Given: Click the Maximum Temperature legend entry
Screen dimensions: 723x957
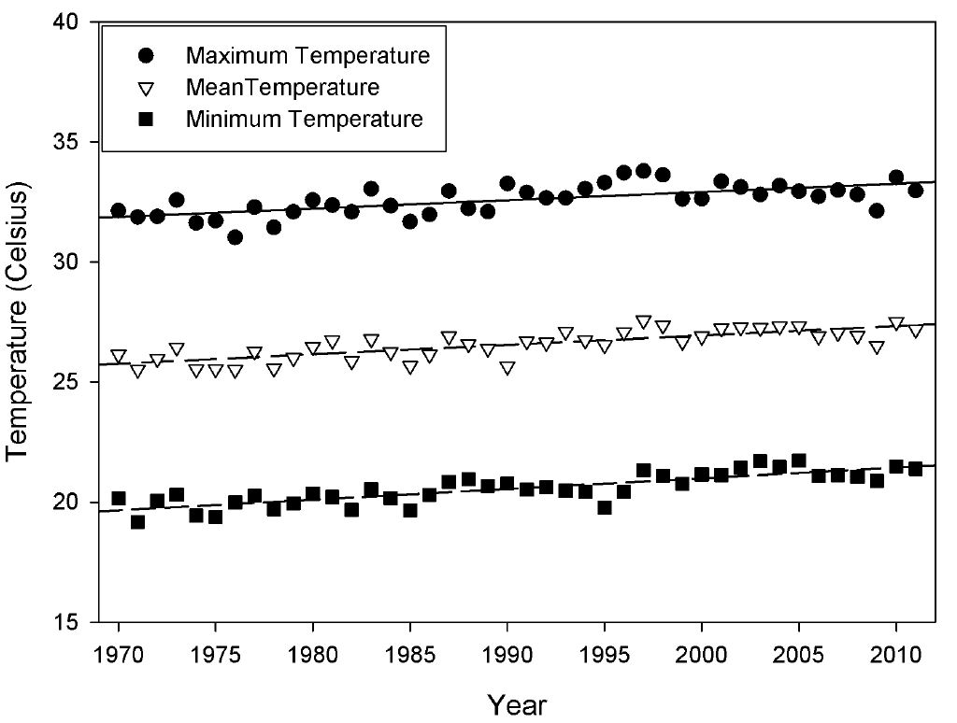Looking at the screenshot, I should click(307, 55).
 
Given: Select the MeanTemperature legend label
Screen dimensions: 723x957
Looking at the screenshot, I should click(282, 88).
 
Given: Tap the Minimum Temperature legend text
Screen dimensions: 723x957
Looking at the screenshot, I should click(305, 120).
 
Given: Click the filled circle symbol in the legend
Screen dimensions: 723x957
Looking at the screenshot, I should click(145, 55).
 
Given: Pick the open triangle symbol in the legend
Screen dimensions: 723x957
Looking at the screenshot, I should click(145, 89).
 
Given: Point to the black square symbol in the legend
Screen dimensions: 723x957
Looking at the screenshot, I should click(145, 120).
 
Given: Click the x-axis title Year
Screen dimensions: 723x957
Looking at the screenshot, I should click(516, 702).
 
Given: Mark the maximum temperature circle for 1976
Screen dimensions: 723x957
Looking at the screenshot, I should click(235, 237).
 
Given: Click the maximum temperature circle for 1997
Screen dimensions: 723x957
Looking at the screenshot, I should click(643, 171).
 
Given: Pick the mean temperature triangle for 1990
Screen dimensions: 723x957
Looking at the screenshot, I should click(507, 368).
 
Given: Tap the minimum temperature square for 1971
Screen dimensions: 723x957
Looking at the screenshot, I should click(137, 522).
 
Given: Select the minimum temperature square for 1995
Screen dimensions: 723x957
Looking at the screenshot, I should click(605, 507).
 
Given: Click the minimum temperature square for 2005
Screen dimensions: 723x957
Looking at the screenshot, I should click(799, 461).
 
